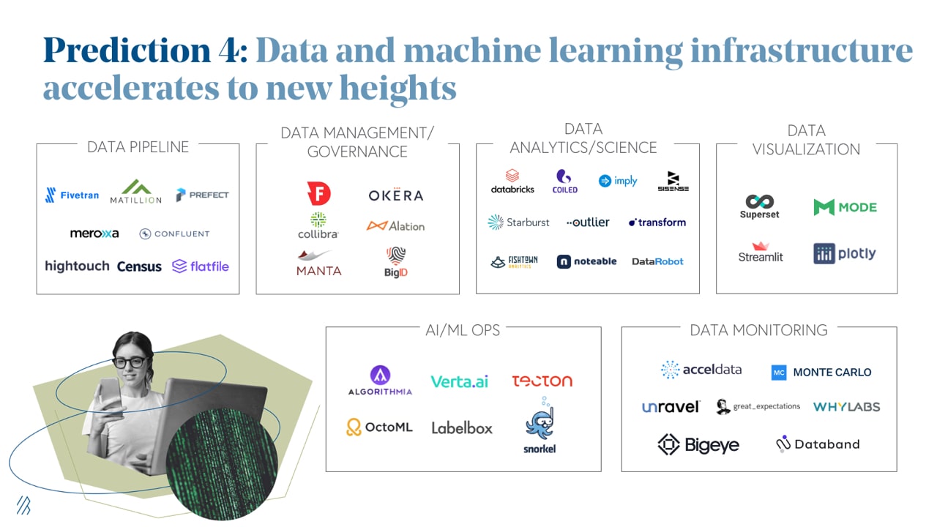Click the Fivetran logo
pos(72,195)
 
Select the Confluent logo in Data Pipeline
pos(175,234)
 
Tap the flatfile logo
pos(201,266)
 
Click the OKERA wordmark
pos(396,195)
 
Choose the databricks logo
pos(512,181)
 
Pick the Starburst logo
pos(518,223)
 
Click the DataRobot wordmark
pos(657,261)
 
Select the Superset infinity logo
pos(759,206)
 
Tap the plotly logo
pos(845,254)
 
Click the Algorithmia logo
pos(380,381)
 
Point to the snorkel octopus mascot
pos(540,425)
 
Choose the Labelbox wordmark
pos(462,428)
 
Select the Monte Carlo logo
pos(821,373)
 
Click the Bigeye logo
pos(698,444)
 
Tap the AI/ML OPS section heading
pos(463,330)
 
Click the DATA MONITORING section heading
pos(758,330)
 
